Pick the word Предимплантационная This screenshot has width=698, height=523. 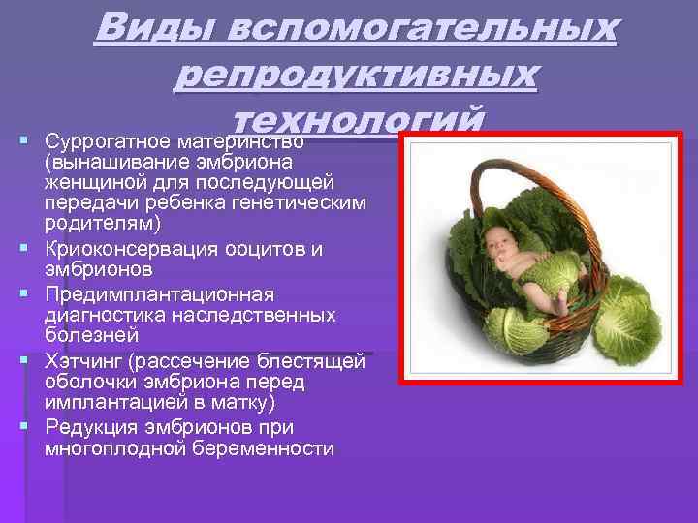(160, 293)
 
